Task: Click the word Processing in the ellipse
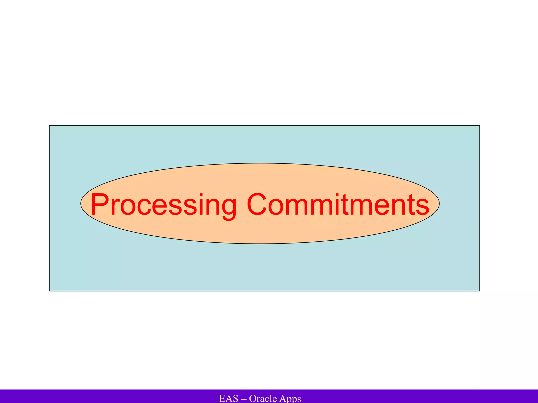(163, 205)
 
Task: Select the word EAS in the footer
(229, 399)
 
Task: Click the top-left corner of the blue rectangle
(49, 125)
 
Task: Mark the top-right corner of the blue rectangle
(480, 125)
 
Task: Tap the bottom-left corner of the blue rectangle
(49, 291)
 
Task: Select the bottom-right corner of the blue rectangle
(480, 291)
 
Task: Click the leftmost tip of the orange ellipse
(81, 204)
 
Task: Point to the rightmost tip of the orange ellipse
(439, 204)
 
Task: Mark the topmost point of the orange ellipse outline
(260, 163)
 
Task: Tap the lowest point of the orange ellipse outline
(260, 244)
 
